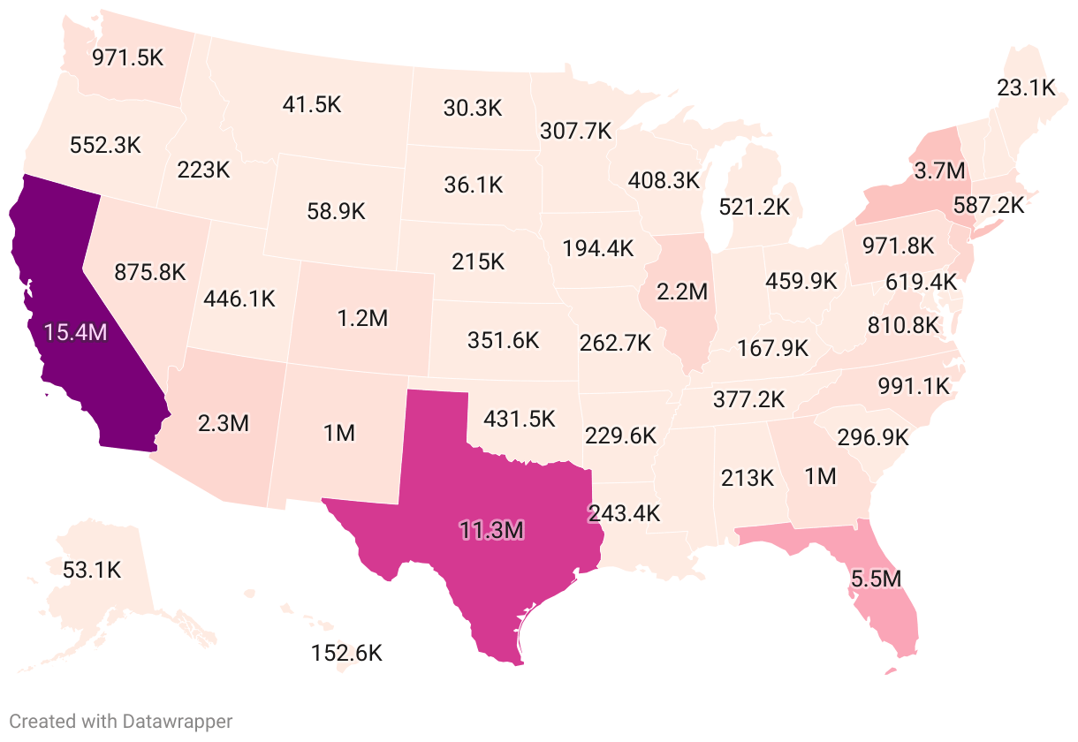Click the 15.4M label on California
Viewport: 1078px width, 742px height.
pos(76,333)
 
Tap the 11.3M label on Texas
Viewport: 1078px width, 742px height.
pos(491,530)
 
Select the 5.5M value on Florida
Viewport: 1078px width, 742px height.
pos(876,579)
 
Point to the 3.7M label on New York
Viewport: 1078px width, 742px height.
pos(939,170)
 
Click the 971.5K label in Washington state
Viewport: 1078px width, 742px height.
pos(129,57)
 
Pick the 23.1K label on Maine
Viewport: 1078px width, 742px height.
pos(1026,87)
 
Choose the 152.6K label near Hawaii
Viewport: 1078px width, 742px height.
pos(346,654)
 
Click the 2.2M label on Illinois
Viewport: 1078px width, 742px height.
pos(681,290)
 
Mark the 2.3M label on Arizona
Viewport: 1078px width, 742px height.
pos(223,423)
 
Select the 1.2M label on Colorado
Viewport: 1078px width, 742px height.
pos(362,318)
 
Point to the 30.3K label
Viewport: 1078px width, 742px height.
pos(472,109)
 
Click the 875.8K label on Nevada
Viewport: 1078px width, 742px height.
pos(150,272)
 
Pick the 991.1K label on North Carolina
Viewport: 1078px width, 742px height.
pos(913,386)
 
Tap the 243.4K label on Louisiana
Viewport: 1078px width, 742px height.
pos(624,512)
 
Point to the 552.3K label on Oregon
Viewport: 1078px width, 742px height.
pos(104,145)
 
